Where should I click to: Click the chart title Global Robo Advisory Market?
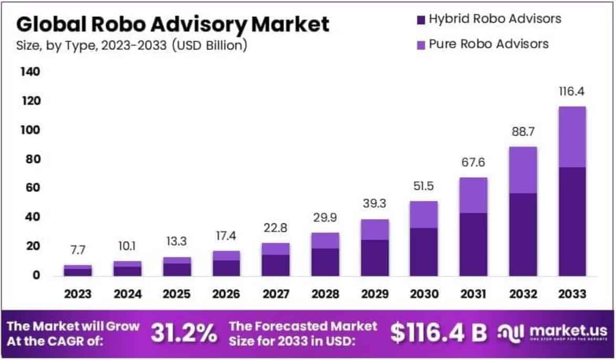click(173, 24)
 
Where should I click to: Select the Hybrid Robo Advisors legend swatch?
click(420, 20)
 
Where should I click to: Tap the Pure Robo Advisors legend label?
click(488, 44)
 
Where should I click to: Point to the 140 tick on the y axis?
click(29, 72)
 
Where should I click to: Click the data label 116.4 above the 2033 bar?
click(572, 91)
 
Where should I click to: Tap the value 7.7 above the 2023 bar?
click(78, 250)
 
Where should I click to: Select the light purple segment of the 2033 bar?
click(572, 137)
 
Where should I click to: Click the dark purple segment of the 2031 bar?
click(473, 244)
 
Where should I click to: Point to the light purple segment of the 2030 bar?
click(424, 214)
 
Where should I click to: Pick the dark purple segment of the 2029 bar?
click(374, 258)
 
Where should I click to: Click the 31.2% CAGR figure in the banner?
click(184, 332)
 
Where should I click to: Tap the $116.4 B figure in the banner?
click(438, 332)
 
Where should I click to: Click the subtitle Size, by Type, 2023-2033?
click(131, 46)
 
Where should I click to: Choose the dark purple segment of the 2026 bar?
click(226, 268)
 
